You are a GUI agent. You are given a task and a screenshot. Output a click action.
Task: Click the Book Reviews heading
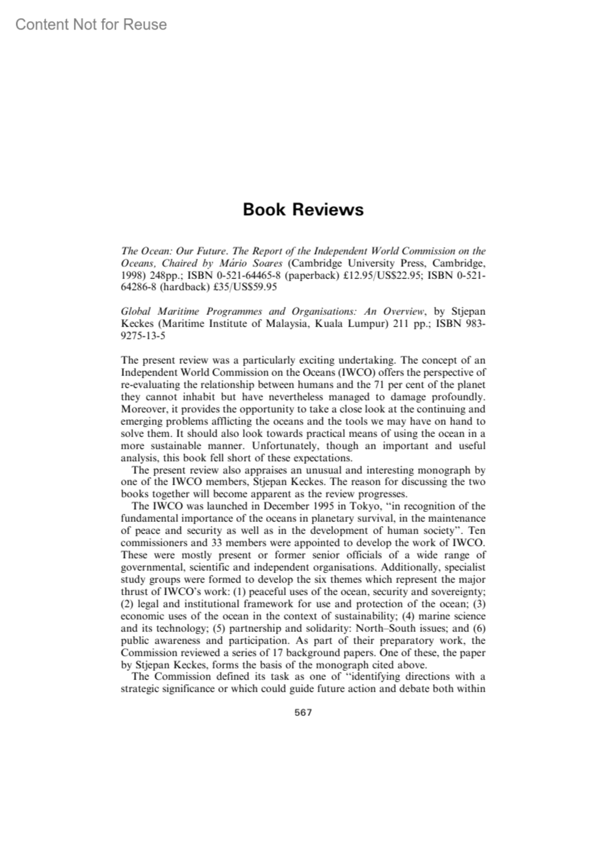303,209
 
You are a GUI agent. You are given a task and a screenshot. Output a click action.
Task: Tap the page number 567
303,712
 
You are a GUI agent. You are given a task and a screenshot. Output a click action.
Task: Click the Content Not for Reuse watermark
91,24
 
